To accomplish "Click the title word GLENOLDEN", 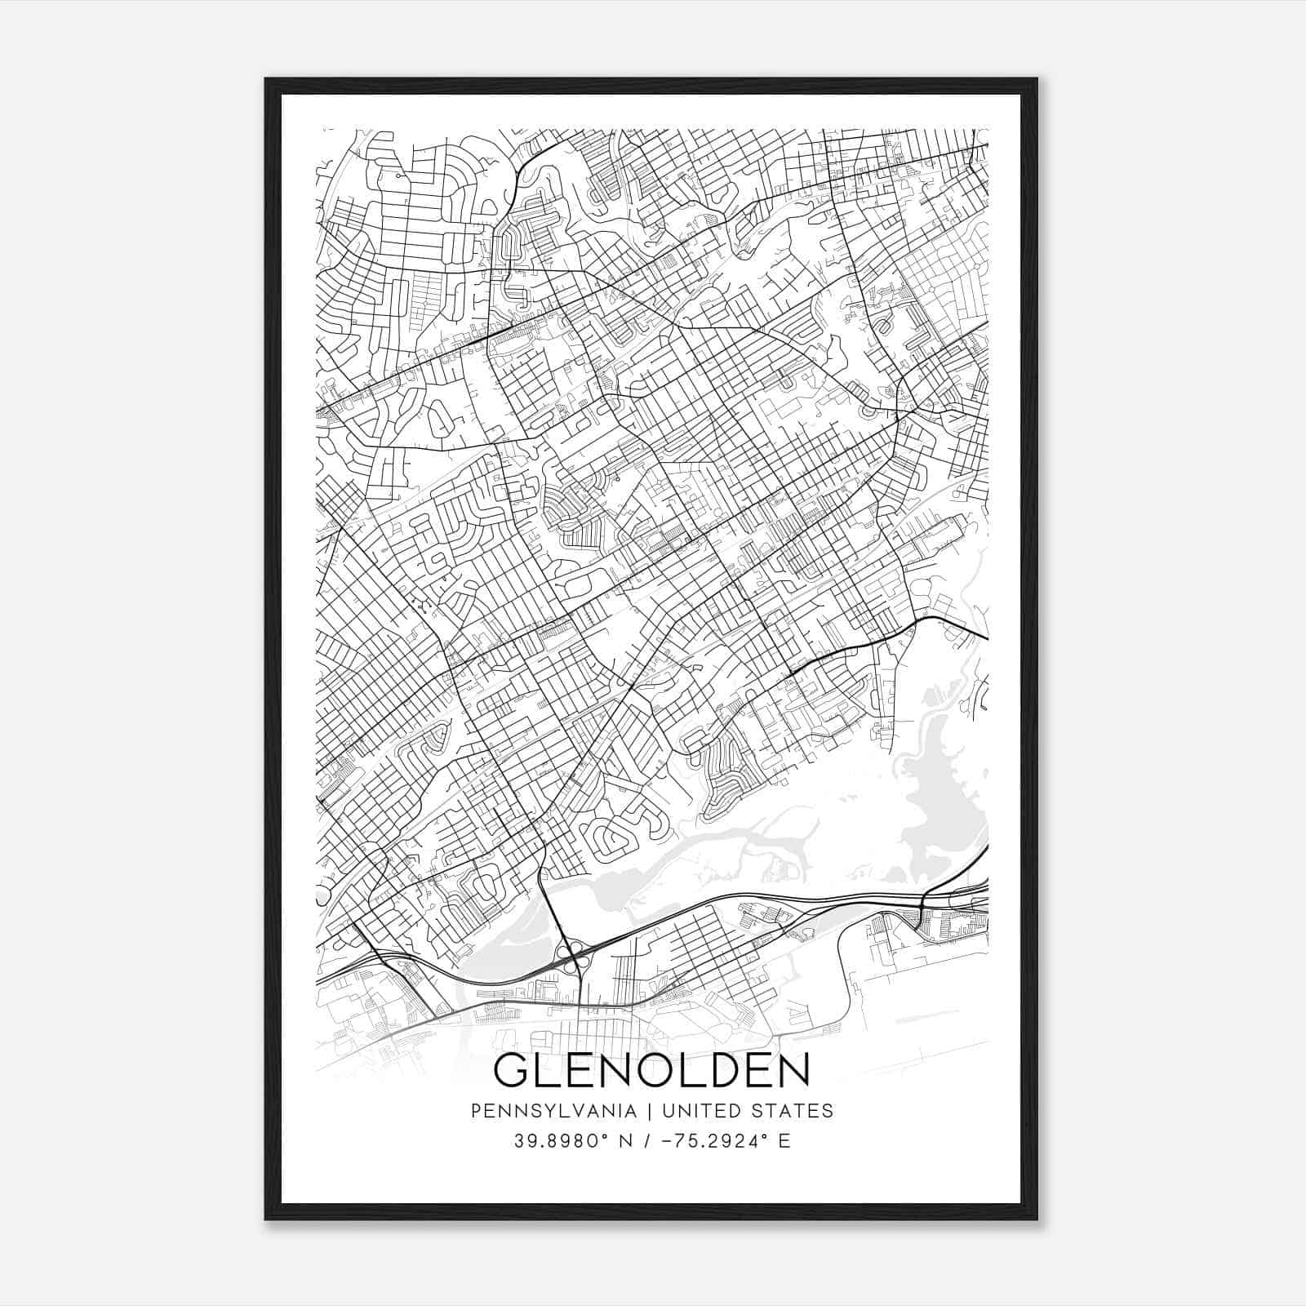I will click(x=651, y=1070).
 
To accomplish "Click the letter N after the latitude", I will click(x=628, y=1141).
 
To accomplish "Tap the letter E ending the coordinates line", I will click(x=784, y=1141).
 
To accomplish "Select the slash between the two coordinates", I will click(x=647, y=1141).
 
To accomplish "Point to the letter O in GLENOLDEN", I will click(x=653, y=1070).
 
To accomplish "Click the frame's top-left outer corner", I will click(x=265, y=78).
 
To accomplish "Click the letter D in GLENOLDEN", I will click(x=721, y=1070).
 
